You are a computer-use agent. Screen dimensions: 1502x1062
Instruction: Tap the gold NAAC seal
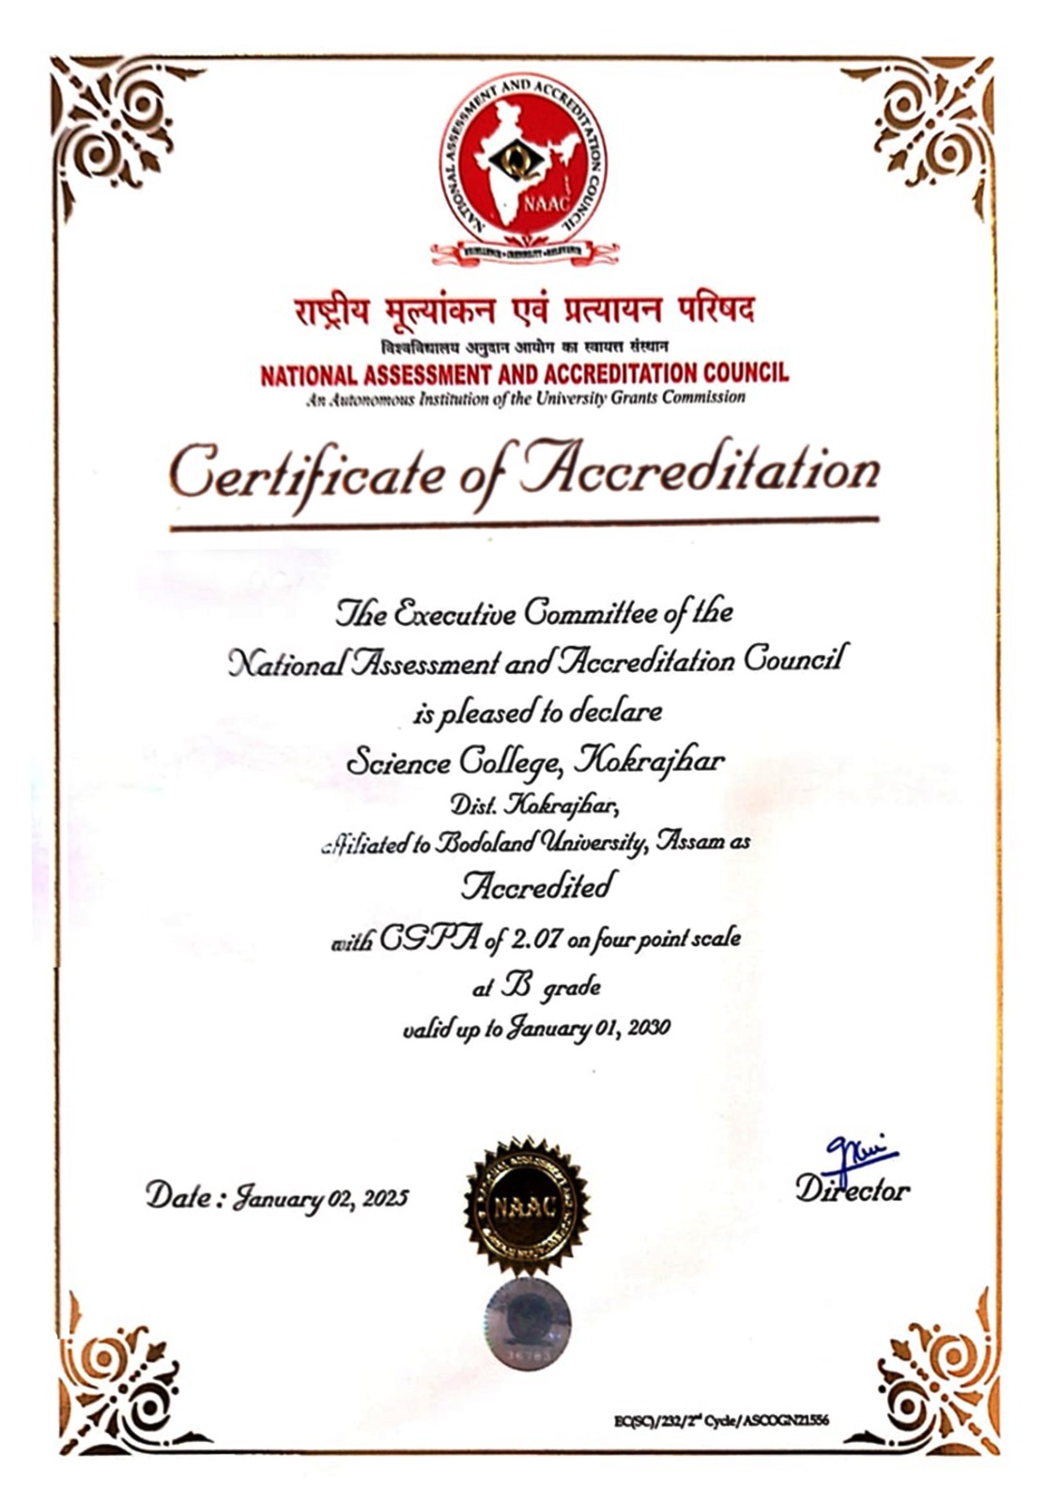527,1204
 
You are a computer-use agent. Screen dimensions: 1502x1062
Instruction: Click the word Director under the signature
853,1190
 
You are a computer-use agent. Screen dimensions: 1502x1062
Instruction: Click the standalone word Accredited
537,886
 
